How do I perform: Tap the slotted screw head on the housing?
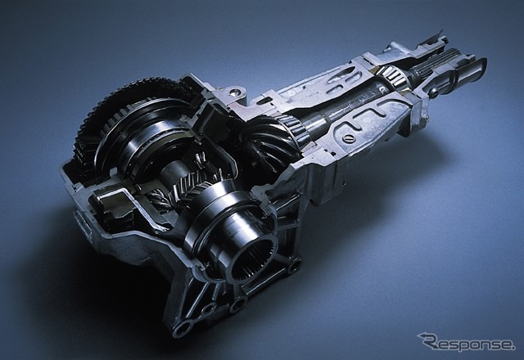(347, 137)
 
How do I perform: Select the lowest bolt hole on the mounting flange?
(182, 331)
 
